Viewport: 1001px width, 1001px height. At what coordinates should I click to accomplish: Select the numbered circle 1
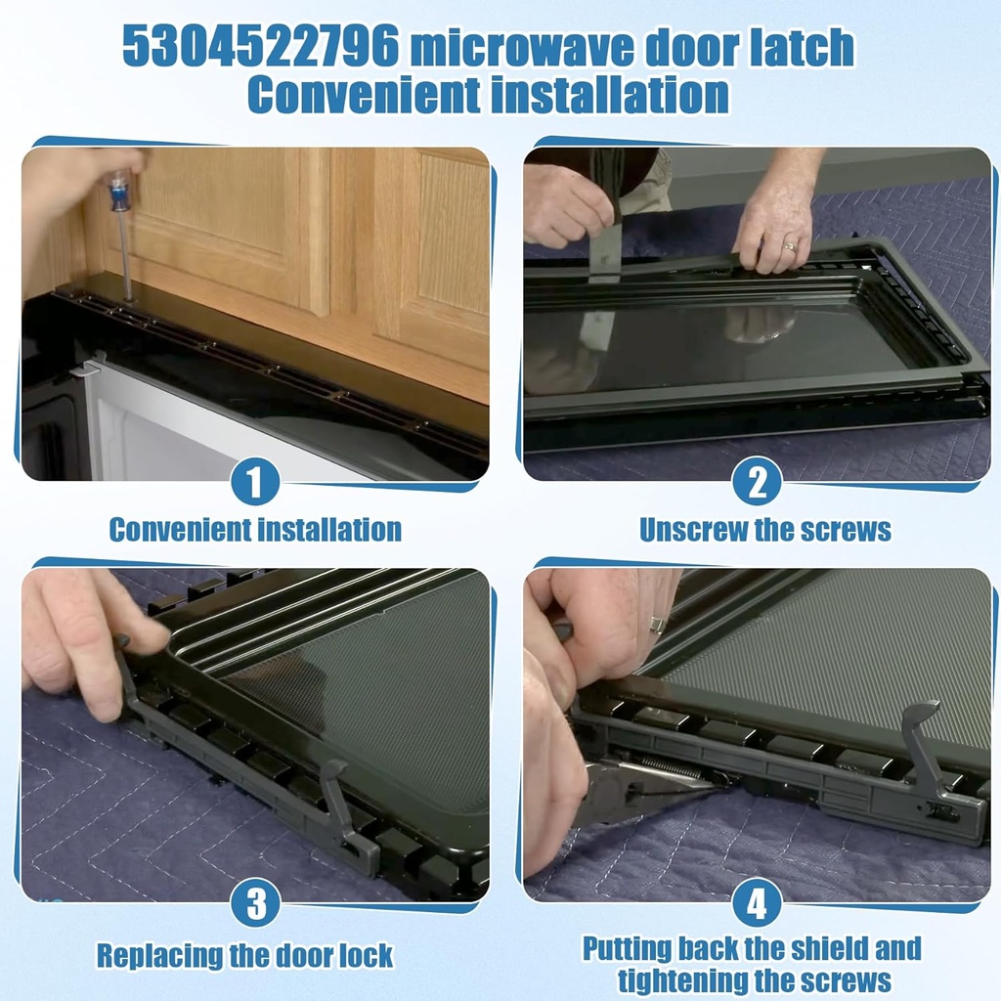255,482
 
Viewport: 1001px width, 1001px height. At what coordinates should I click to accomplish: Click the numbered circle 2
757,482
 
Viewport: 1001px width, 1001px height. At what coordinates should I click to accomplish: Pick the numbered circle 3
255,903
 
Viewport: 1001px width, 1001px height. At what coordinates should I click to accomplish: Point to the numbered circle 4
757,903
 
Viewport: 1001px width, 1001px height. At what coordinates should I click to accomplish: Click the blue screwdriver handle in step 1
119,192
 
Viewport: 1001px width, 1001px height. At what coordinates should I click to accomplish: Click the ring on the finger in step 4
658,624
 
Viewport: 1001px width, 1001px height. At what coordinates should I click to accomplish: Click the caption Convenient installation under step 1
255,530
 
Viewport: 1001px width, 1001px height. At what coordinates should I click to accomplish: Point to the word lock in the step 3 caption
365,954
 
